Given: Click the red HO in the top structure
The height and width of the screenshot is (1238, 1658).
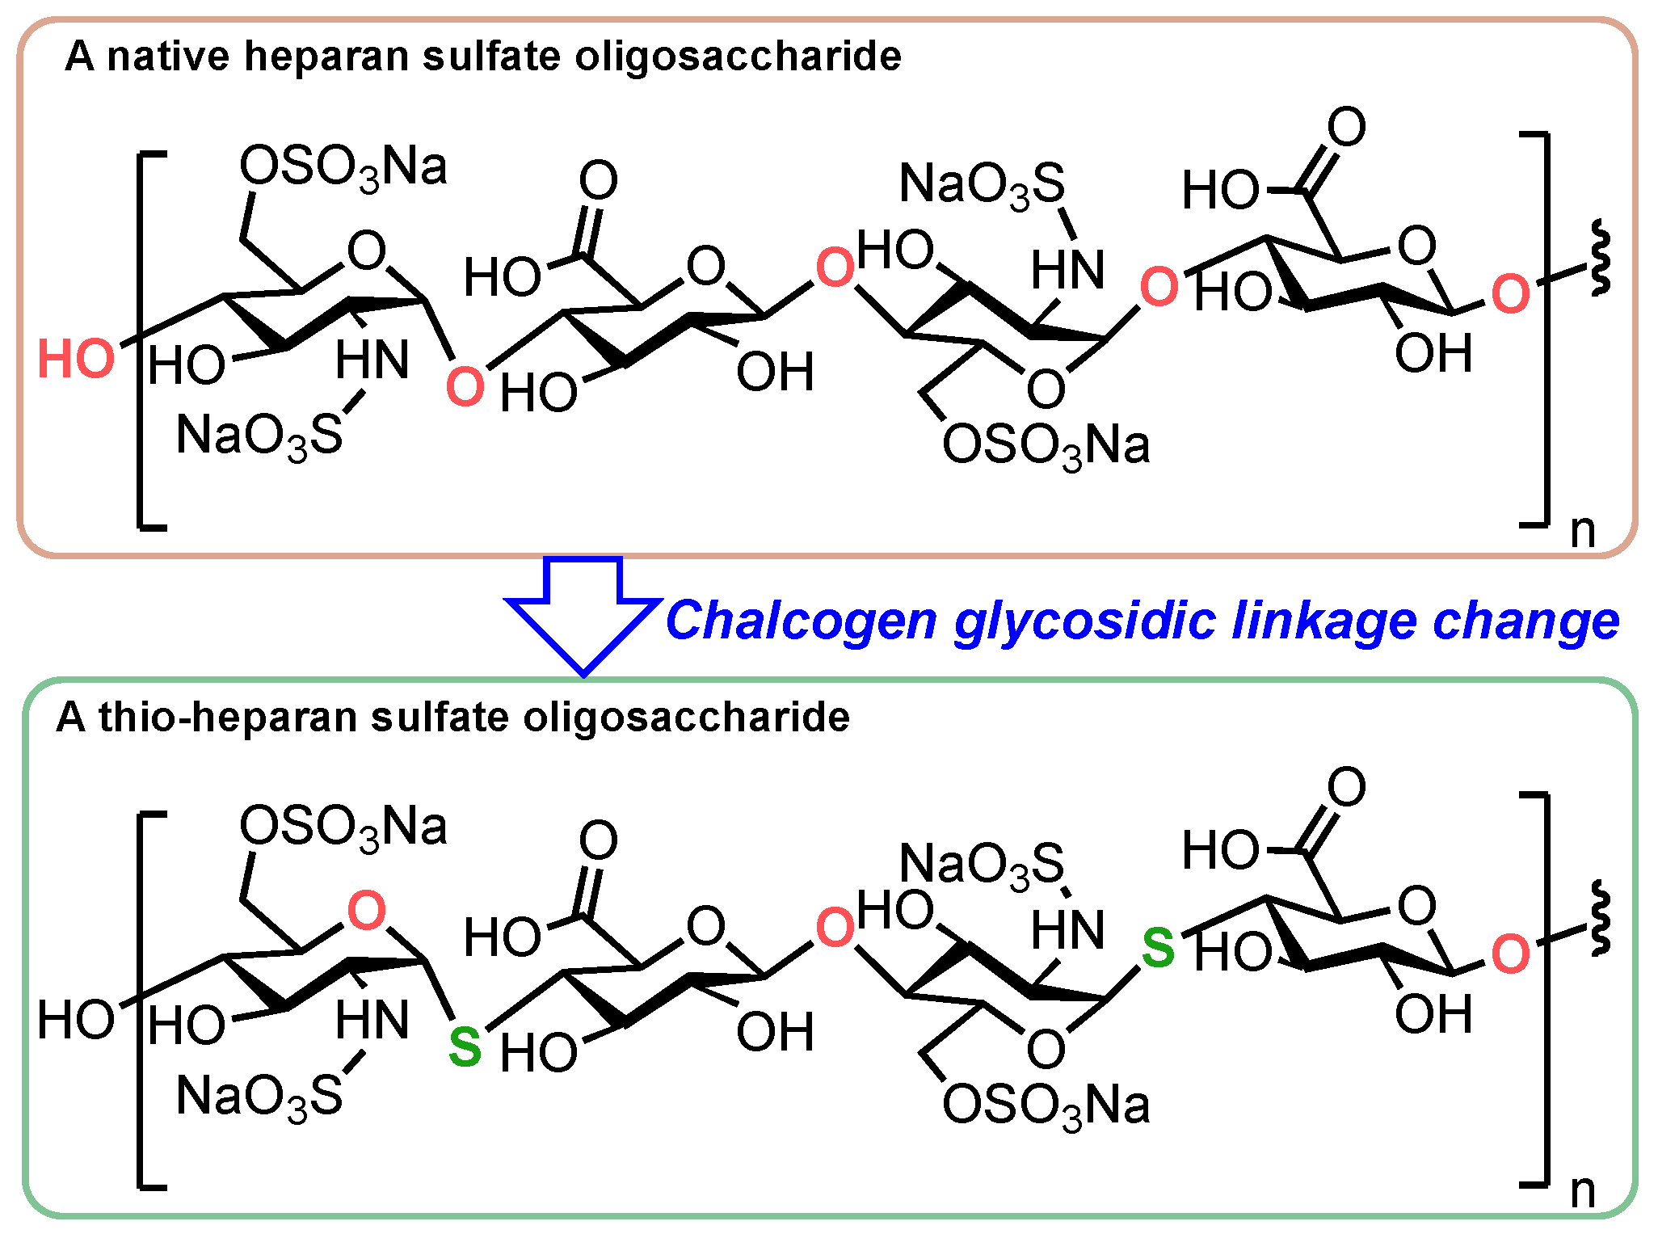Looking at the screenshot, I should [76, 359].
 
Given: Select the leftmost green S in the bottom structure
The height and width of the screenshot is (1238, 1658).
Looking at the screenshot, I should [465, 1047].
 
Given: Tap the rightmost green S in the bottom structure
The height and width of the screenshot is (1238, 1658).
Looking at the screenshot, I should [1158, 949].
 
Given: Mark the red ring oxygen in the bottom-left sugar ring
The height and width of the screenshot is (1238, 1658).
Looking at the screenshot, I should [366, 911].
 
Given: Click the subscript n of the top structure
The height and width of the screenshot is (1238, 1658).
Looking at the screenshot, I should [1583, 532].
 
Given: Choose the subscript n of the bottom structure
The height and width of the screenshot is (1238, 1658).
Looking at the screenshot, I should [1583, 1192].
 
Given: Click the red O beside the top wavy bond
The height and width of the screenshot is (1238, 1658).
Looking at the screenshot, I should [1510, 294].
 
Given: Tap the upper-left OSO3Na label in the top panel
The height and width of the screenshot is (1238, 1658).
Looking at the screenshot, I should [343, 168].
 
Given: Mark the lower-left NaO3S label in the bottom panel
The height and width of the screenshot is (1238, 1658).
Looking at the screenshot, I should [259, 1097].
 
